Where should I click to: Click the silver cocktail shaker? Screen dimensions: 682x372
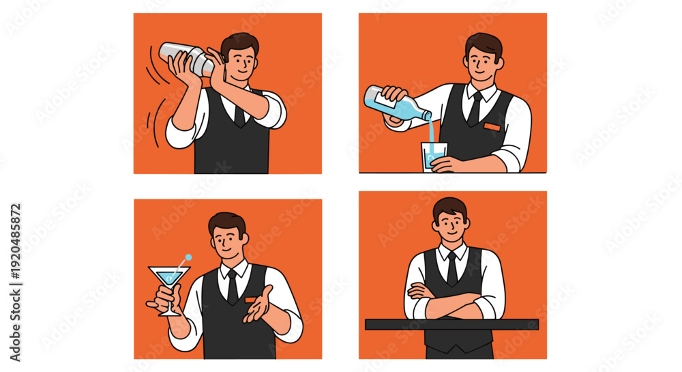[186, 58]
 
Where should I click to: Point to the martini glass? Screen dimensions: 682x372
[169, 287]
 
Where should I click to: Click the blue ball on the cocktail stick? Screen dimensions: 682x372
[188, 257]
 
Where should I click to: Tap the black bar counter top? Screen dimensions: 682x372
[452, 324]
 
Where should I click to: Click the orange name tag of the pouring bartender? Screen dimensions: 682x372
[492, 126]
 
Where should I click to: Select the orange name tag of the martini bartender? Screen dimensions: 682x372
[252, 300]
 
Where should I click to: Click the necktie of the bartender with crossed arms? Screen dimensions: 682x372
[452, 269]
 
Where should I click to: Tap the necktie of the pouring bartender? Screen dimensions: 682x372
[475, 109]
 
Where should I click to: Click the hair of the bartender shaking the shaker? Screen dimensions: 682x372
[239, 44]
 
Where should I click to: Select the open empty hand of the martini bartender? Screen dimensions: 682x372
[258, 305]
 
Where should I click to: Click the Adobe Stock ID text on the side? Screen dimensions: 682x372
[15, 283]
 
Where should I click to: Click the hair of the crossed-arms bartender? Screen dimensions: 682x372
[450, 208]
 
